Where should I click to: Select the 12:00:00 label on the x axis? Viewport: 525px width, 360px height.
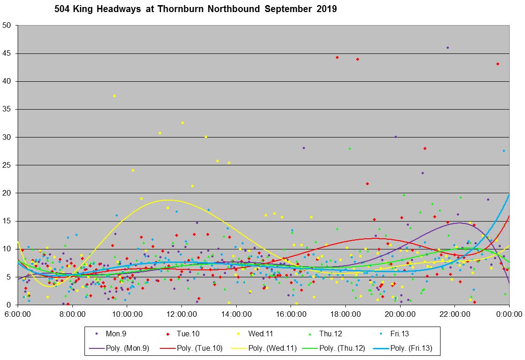point(181,314)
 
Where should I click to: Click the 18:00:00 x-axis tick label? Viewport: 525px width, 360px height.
point(345,314)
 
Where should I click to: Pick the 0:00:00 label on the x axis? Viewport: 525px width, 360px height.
point(509,314)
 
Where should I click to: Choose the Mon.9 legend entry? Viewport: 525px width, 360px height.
point(111,334)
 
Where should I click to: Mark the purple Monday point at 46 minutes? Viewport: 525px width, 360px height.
point(447,47)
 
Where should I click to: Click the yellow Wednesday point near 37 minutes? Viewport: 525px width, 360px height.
point(114,96)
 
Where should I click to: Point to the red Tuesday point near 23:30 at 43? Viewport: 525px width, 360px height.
point(498,64)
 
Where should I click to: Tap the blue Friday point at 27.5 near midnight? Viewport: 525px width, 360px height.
point(504,151)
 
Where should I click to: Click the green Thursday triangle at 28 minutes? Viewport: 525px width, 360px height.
point(350,148)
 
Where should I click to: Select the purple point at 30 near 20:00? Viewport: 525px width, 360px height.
point(395,137)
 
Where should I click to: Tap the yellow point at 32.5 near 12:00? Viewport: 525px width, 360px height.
point(182,123)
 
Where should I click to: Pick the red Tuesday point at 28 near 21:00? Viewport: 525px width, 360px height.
point(425,148)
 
